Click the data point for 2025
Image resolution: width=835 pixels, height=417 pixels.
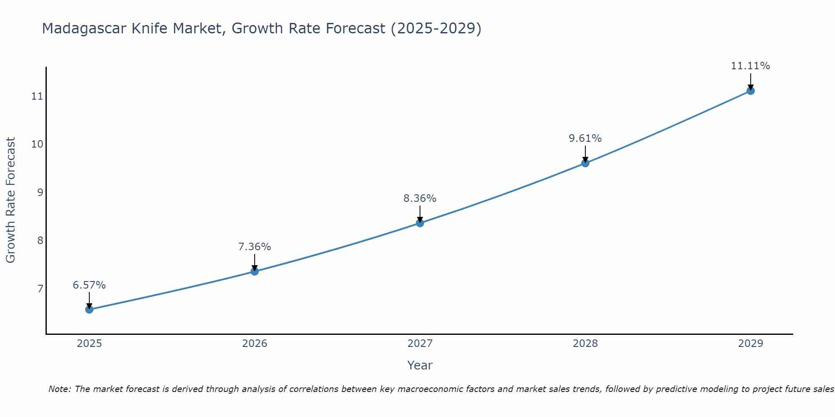89,309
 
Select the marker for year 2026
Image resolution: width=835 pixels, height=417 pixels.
255,271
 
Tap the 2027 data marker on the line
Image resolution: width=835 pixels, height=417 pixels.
420,223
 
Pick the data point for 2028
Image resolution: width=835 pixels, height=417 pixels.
585,163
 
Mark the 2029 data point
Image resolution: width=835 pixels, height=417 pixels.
751,90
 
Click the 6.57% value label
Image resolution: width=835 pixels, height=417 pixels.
89,285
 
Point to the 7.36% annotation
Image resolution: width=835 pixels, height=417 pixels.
255,247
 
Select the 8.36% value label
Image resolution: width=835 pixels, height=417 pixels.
420,198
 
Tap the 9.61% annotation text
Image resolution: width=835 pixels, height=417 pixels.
585,138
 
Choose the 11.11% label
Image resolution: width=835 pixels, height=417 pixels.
751,66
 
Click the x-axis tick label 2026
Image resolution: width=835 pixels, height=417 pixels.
255,344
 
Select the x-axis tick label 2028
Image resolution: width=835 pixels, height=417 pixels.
585,344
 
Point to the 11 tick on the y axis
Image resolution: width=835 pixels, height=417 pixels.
37,96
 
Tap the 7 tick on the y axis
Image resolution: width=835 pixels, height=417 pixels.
40,289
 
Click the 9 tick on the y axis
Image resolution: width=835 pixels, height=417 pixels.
40,192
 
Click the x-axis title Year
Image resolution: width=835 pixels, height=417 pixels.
420,365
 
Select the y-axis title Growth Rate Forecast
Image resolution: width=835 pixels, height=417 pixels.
11,200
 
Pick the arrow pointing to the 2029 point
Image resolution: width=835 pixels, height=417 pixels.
751,82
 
